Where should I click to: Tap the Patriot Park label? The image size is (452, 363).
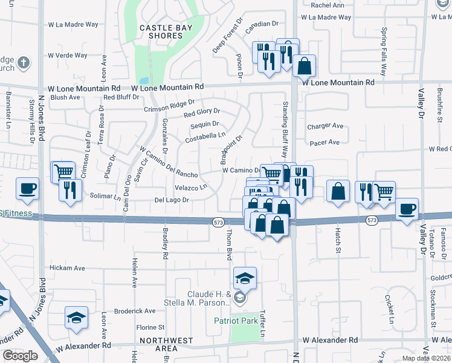pos(235,320)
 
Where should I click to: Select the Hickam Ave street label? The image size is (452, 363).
pos(67,267)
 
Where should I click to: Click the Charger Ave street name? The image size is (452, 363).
pos(325,126)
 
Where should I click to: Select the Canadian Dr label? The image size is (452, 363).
pos(261,24)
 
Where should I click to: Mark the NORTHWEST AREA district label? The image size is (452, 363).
pos(158,344)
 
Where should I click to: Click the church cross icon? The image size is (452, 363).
pos(23,62)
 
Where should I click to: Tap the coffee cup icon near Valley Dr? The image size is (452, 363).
pos(407,209)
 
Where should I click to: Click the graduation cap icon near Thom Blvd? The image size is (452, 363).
pos(245,278)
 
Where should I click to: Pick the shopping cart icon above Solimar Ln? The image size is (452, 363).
pos(63,172)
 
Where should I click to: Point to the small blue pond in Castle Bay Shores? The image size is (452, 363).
pos(143,80)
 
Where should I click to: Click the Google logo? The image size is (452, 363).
pos(20,356)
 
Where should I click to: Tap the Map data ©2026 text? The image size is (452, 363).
pos(426,358)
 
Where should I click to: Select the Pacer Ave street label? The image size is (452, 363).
pos(325,143)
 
